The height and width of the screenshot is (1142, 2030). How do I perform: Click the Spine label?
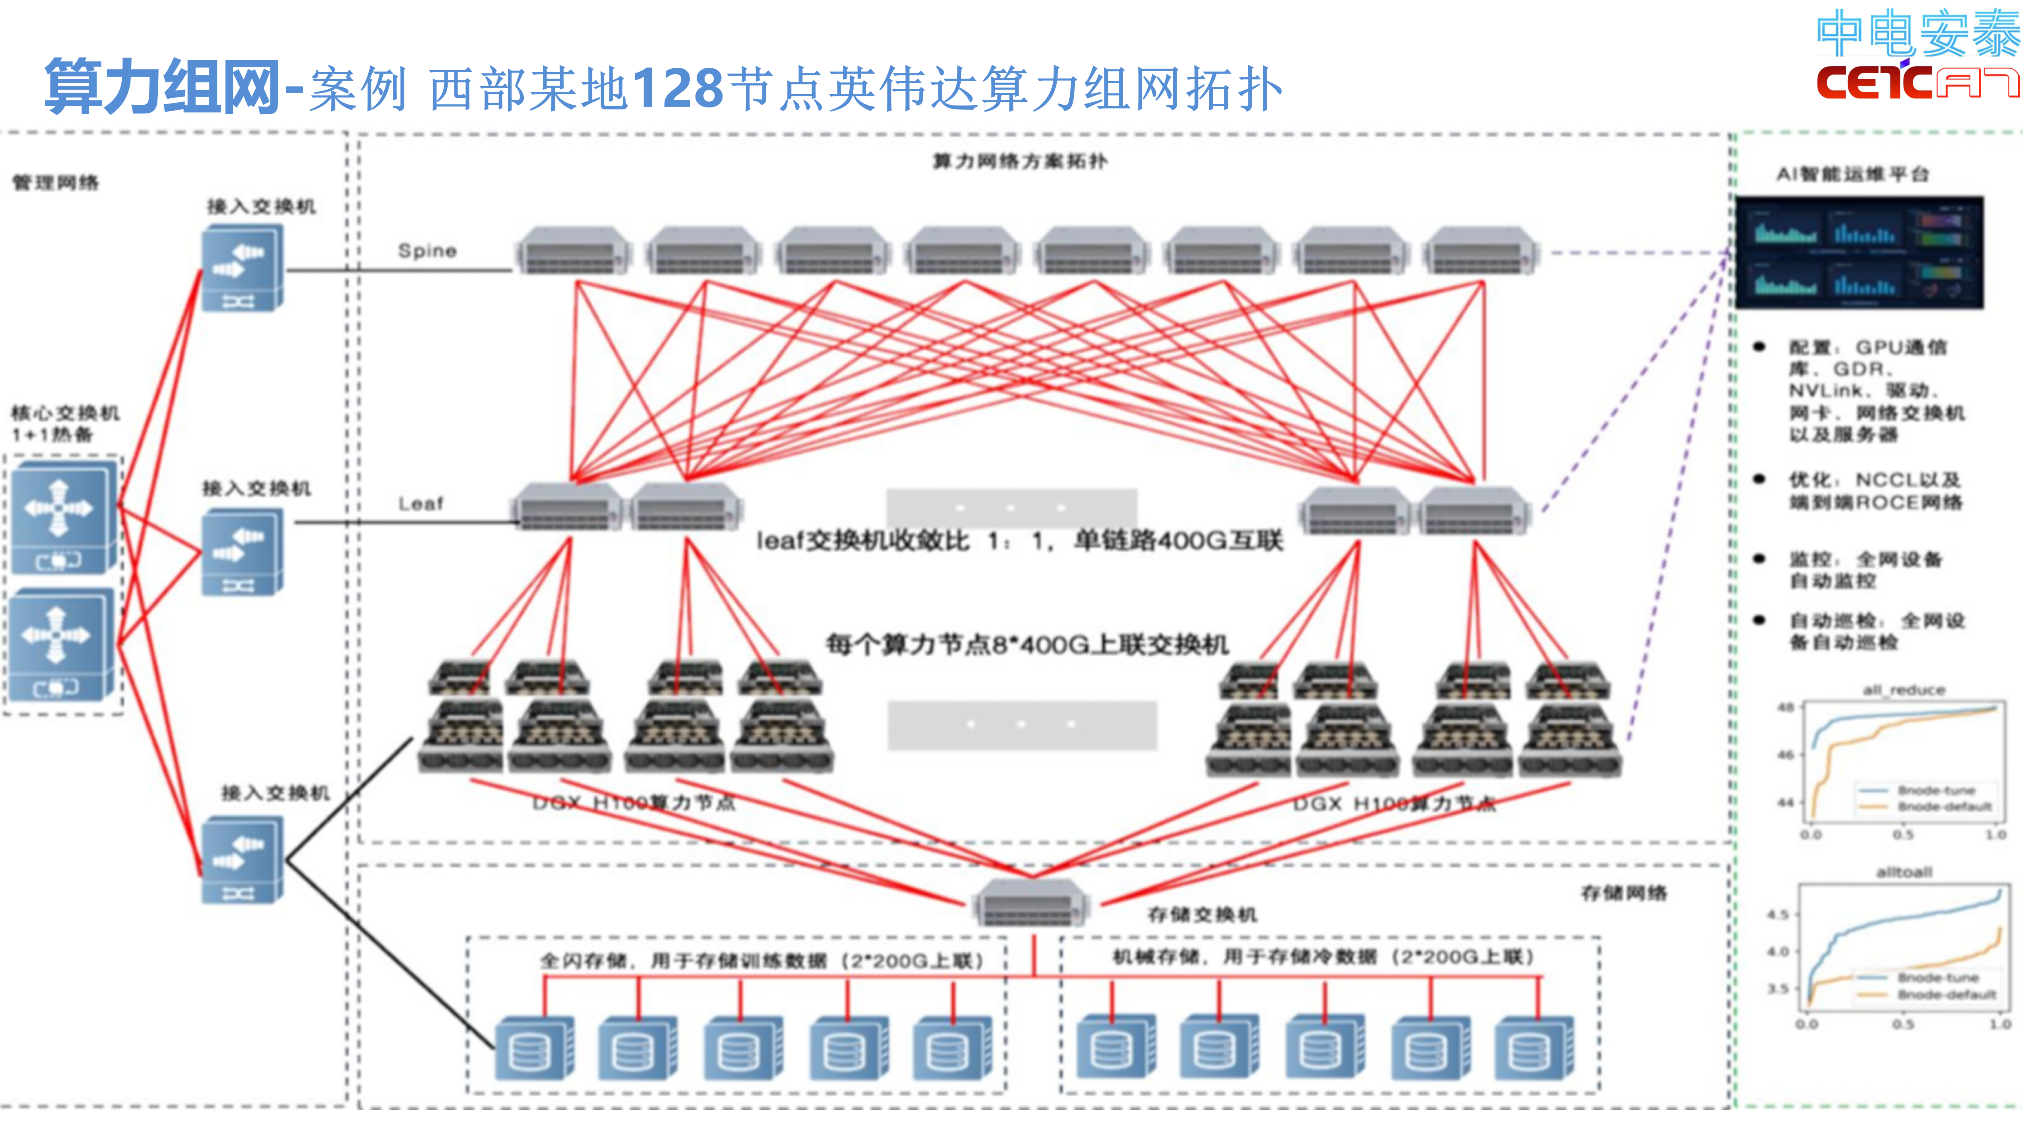427,251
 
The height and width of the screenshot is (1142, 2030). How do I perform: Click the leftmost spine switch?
574,251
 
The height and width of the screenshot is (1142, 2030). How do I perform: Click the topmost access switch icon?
242,268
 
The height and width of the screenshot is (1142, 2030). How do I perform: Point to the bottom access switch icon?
242,859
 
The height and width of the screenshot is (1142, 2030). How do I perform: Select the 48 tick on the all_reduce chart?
1786,707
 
